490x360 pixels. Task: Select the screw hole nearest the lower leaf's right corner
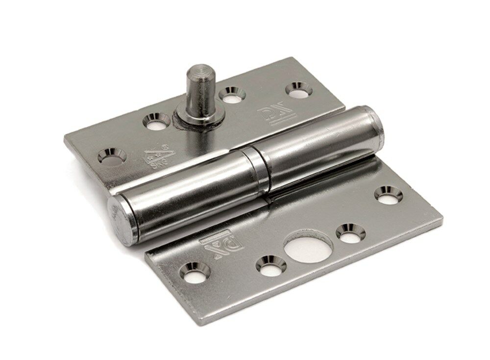click(389, 194)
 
